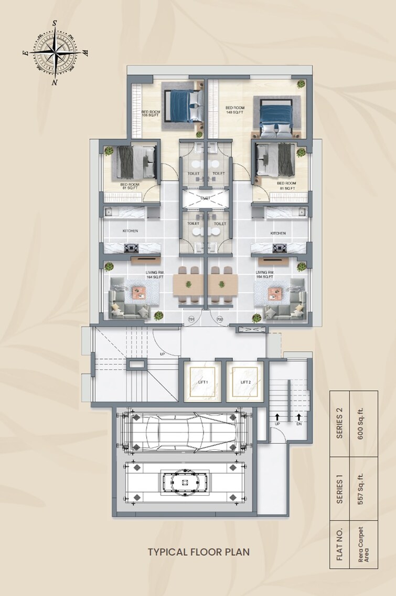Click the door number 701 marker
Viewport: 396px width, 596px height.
[191, 319]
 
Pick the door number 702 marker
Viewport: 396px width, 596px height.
[219, 319]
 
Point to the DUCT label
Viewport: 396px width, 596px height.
[205, 198]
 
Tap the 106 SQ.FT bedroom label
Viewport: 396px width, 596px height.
[151, 113]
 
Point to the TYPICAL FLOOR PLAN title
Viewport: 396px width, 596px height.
[198, 551]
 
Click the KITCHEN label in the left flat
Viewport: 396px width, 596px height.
[130, 231]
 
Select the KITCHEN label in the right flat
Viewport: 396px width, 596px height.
[277, 233]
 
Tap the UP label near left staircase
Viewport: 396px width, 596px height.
[163, 354]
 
